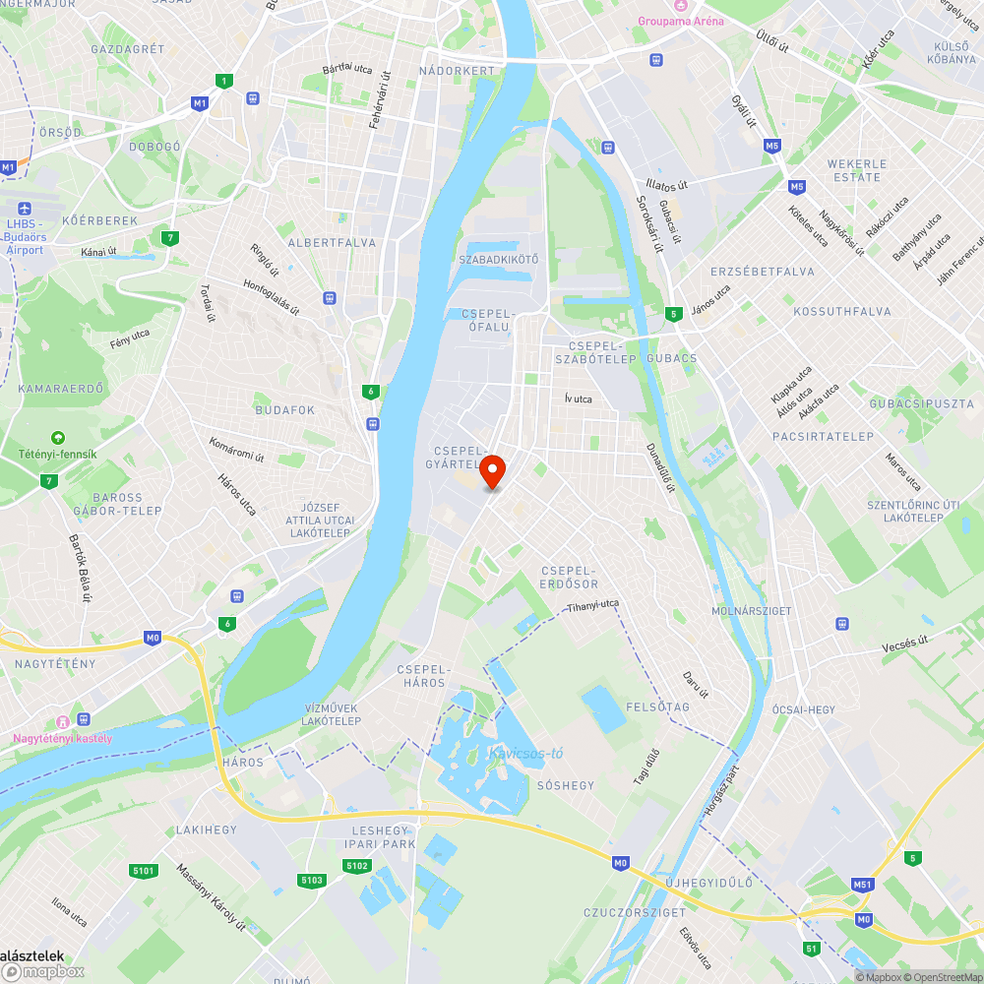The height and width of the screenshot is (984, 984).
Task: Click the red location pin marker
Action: pos(492,472)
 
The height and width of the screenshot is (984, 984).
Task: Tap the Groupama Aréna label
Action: pos(680,22)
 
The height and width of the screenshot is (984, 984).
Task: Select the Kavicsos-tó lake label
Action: pos(525,754)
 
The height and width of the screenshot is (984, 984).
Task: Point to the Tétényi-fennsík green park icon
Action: pos(58,438)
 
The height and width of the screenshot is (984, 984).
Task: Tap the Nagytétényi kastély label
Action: pos(62,738)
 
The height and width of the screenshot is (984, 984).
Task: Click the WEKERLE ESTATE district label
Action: pos(856,170)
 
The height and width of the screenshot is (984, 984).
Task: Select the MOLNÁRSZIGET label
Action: pos(751,611)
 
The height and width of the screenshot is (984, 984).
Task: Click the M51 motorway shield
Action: pos(863,885)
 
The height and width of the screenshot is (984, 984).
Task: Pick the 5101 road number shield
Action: pos(143,870)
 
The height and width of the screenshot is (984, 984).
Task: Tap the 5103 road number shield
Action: pos(312,880)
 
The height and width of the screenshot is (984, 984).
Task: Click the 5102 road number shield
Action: pos(356,865)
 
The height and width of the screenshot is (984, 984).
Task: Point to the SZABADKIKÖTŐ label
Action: pos(499,260)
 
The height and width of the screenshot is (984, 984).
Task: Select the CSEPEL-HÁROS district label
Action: pos(422,676)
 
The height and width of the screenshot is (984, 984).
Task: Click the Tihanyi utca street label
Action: pos(592,606)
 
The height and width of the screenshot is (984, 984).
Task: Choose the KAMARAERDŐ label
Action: pos(60,389)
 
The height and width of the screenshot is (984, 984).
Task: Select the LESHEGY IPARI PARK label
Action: pos(380,837)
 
